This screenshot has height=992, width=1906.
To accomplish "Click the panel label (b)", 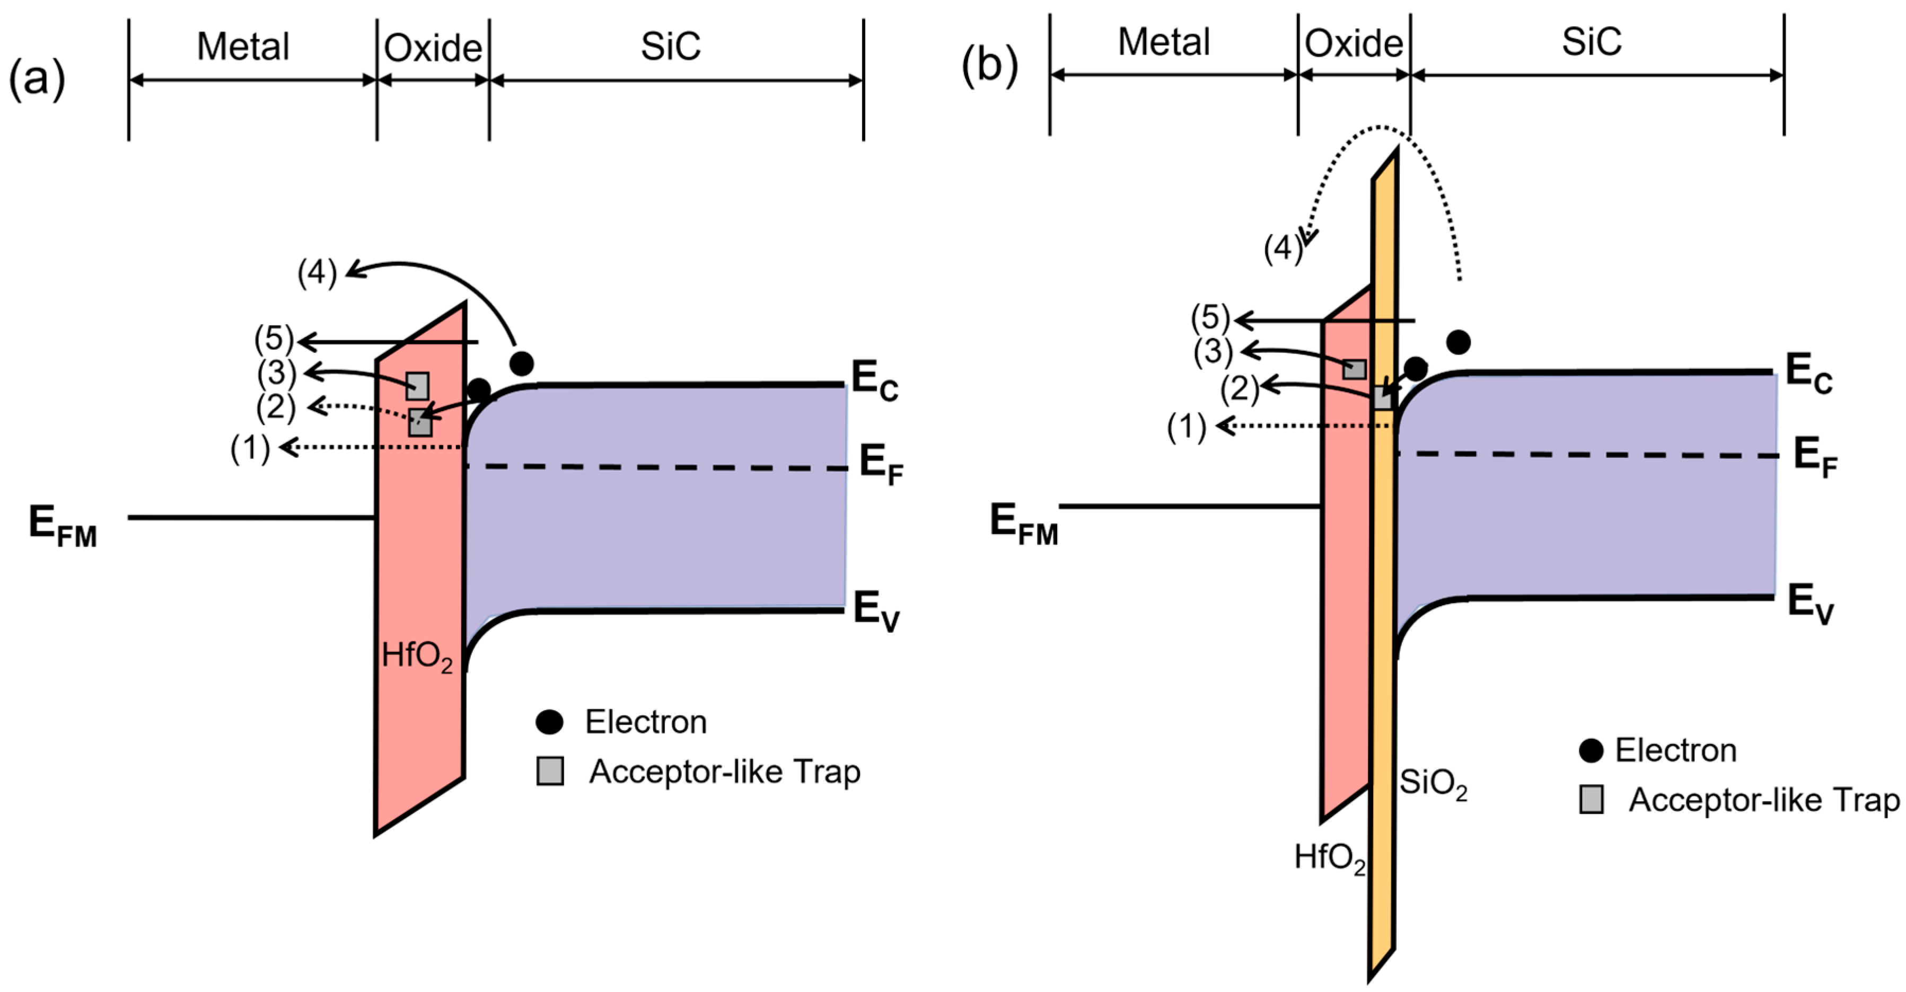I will pos(989,65).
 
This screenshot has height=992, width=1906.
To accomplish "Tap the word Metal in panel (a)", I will pos(243,47).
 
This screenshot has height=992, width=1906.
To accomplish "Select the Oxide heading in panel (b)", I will pos(1354,43).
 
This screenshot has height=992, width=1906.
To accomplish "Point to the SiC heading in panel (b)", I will pos(1592,42).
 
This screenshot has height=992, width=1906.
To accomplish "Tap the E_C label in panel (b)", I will pos(1808,374).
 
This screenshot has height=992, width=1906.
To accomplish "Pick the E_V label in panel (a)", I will pos(876,611).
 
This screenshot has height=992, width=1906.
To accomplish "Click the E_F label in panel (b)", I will pos(1815,457).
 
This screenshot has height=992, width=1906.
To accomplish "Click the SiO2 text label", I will pos(1433,783).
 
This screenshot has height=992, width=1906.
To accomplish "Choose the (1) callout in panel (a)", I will pos(250,449).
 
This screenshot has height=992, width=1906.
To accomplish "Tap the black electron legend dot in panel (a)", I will pos(549,722).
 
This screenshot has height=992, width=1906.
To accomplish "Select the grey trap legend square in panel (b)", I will pos(1592,800).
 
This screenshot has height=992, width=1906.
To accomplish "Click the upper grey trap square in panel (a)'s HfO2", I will pos(417,385).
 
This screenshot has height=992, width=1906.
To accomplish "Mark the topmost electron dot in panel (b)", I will pos(1459,342).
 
